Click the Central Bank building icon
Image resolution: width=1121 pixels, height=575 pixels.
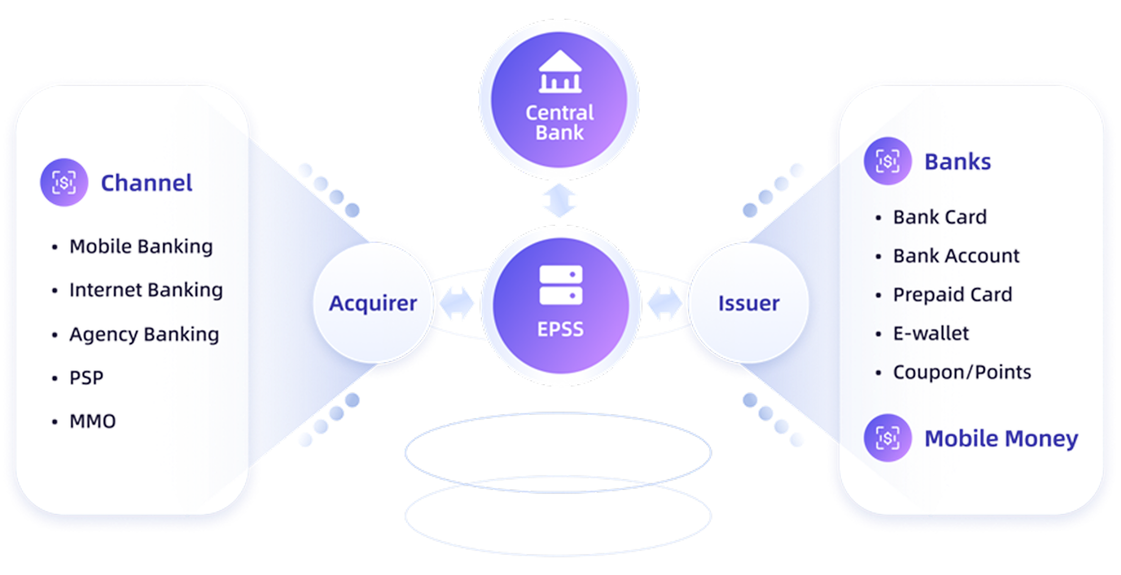pyautogui.click(x=560, y=72)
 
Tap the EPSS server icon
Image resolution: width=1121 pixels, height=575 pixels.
pyautogui.click(x=561, y=285)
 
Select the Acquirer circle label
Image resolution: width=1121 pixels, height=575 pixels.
pyautogui.click(x=373, y=303)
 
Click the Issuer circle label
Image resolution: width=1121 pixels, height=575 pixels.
pyautogui.click(x=749, y=303)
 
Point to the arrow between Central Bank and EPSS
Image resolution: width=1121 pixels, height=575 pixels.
pyautogui.click(x=559, y=201)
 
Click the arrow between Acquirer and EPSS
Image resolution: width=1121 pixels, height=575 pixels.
pyautogui.click(x=457, y=304)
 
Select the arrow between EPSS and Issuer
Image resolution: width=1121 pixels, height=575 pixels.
pyautogui.click(x=665, y=304)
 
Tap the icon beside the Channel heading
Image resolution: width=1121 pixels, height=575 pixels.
pyautogui.click(x=64, y=182)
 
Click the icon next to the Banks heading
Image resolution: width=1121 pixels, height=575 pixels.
pyautogui.click(x=888, y=161)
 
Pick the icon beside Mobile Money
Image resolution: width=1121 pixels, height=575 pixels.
pyautogui.click(x=888, y=437)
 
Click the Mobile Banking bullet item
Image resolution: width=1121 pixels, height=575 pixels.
pyautogui.click(x=141, y=247)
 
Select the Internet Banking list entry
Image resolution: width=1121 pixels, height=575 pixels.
pyautogui.click(x=146, y=290)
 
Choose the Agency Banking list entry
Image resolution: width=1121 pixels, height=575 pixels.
pyautogui.click(x=144, y=334)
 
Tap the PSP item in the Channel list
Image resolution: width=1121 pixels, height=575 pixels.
pyautogui.click(x=87, y=378)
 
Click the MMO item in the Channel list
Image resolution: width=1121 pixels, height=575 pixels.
pyautogui.click(x=93, y=421)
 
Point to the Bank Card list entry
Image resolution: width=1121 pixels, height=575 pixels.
pyautogui.click(x=940, y=217)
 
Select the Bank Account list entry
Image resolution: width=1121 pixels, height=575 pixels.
pyautogui.click(x=956, y=256)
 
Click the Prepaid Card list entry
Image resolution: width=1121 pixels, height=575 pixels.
pyautogui.click(x=952, y=295)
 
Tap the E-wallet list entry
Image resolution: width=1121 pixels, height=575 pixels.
pyautogui.click(x=931, y=334)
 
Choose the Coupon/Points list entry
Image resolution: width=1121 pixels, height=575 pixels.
pyautogui.click(x=962, y=373)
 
